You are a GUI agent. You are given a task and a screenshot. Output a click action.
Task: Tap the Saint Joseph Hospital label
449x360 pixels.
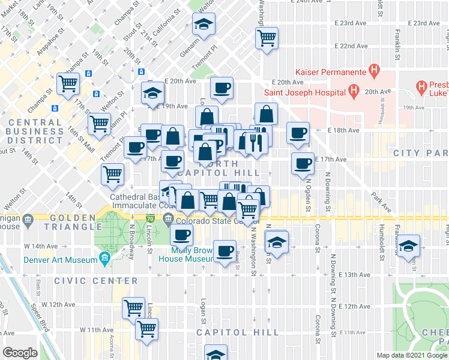[304, 92]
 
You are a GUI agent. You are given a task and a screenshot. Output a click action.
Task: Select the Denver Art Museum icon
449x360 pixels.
[105, 259]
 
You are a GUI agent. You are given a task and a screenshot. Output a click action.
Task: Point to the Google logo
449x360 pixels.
[20, 352]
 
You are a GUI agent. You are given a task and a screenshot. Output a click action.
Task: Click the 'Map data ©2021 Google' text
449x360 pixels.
[411, 355]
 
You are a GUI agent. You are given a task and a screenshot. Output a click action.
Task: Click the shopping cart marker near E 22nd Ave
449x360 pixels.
[267, 38]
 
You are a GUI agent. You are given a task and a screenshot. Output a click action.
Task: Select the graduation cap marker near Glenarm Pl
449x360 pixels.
[203, 25]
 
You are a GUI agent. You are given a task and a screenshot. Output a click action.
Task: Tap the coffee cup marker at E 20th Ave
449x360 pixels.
[222, 88]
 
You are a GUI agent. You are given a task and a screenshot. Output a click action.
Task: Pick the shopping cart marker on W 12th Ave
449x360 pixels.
[133, 308]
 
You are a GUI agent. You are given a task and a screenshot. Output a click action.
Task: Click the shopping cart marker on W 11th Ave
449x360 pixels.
[146, 329]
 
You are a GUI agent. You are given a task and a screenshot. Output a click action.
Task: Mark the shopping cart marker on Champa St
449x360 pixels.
[68, 83]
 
